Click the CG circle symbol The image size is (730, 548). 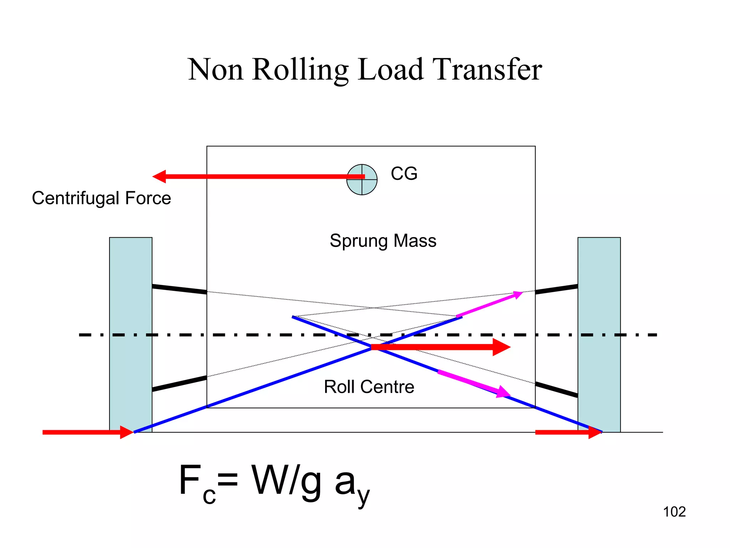tap(362, 180)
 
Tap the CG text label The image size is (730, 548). tap(404, 174)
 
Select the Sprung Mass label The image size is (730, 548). tap(383, 241)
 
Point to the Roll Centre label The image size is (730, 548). tap(369, 387)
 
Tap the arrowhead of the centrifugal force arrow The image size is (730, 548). tap(159, 177)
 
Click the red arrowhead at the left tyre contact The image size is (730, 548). tap(127, 432)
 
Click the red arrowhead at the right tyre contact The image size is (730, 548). tap(595, 432)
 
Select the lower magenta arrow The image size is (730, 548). tap(474, 384)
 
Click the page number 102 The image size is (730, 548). tap(674, 512)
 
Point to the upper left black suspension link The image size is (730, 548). tap(179, 289)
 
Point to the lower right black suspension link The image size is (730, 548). tap(556, 390)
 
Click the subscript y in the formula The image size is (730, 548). tap(364, 496)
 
